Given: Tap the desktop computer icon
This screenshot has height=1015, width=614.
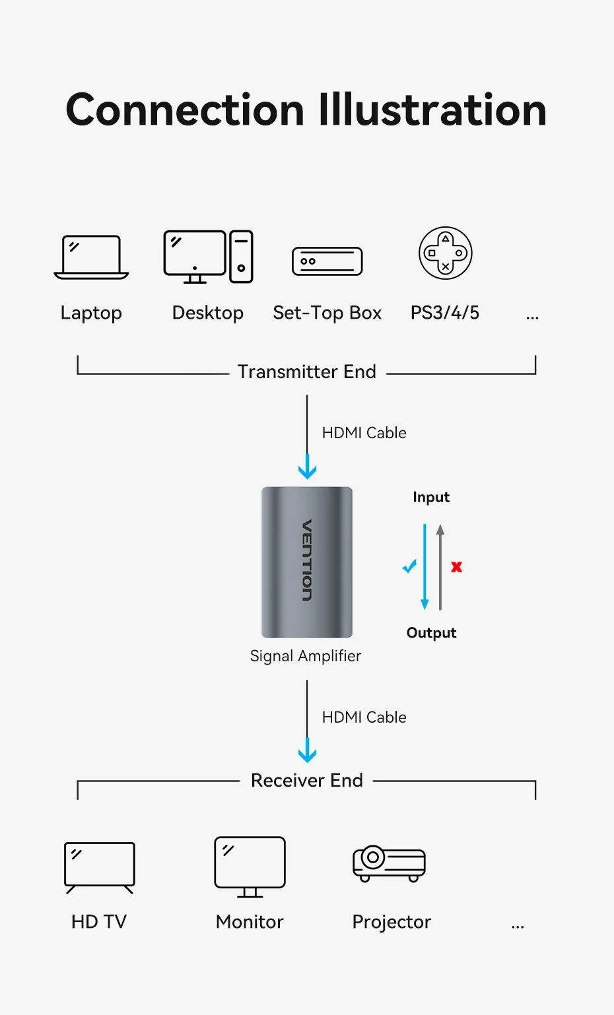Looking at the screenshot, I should [x=208, y=257].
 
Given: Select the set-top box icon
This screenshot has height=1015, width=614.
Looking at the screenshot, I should [x=327, y=261].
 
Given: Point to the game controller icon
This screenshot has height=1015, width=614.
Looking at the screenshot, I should [x=446, y=253].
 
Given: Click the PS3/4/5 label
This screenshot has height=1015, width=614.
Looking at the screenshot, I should [x=445, y=313].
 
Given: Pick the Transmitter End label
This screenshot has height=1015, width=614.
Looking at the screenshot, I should [x=307, y=372].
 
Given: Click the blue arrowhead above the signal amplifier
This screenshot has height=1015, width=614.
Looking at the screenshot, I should [x=307, y=469].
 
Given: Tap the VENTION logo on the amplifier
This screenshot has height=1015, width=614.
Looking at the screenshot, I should [x=307, y=560].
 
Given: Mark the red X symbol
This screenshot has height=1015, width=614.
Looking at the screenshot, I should [x=456, y=567].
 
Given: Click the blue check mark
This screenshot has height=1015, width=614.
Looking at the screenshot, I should [x=410, y=566].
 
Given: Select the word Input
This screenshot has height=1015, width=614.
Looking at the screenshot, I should [x=431, y=497].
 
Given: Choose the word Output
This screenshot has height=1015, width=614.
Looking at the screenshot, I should [x=431, y=633].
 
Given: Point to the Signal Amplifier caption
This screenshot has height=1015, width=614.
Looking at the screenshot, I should [x=306, y=656].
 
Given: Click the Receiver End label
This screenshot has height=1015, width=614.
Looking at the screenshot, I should [x=307, y=781].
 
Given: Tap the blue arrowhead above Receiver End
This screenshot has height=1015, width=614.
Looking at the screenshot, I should [x=307, y=753].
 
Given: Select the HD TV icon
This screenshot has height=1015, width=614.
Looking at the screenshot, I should [x=100, y=867].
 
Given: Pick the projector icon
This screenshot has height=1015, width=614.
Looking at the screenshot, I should [x=390, y=863].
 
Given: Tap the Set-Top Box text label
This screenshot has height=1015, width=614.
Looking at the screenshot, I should [x=327, y=313].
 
